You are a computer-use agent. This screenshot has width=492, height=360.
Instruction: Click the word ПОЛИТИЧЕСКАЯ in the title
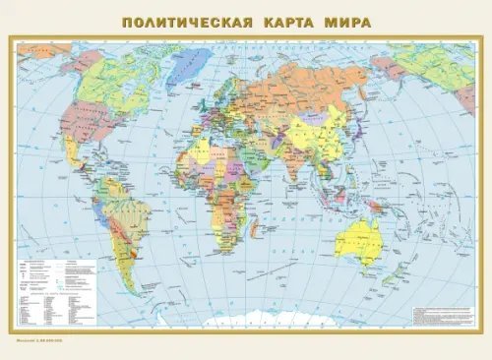pos(181,20)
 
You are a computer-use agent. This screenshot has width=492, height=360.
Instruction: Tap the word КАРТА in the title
pos(290,20)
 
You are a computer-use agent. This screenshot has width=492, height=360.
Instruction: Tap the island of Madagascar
pos(258,233)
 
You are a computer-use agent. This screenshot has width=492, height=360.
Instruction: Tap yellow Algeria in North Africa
pos(205,150)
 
